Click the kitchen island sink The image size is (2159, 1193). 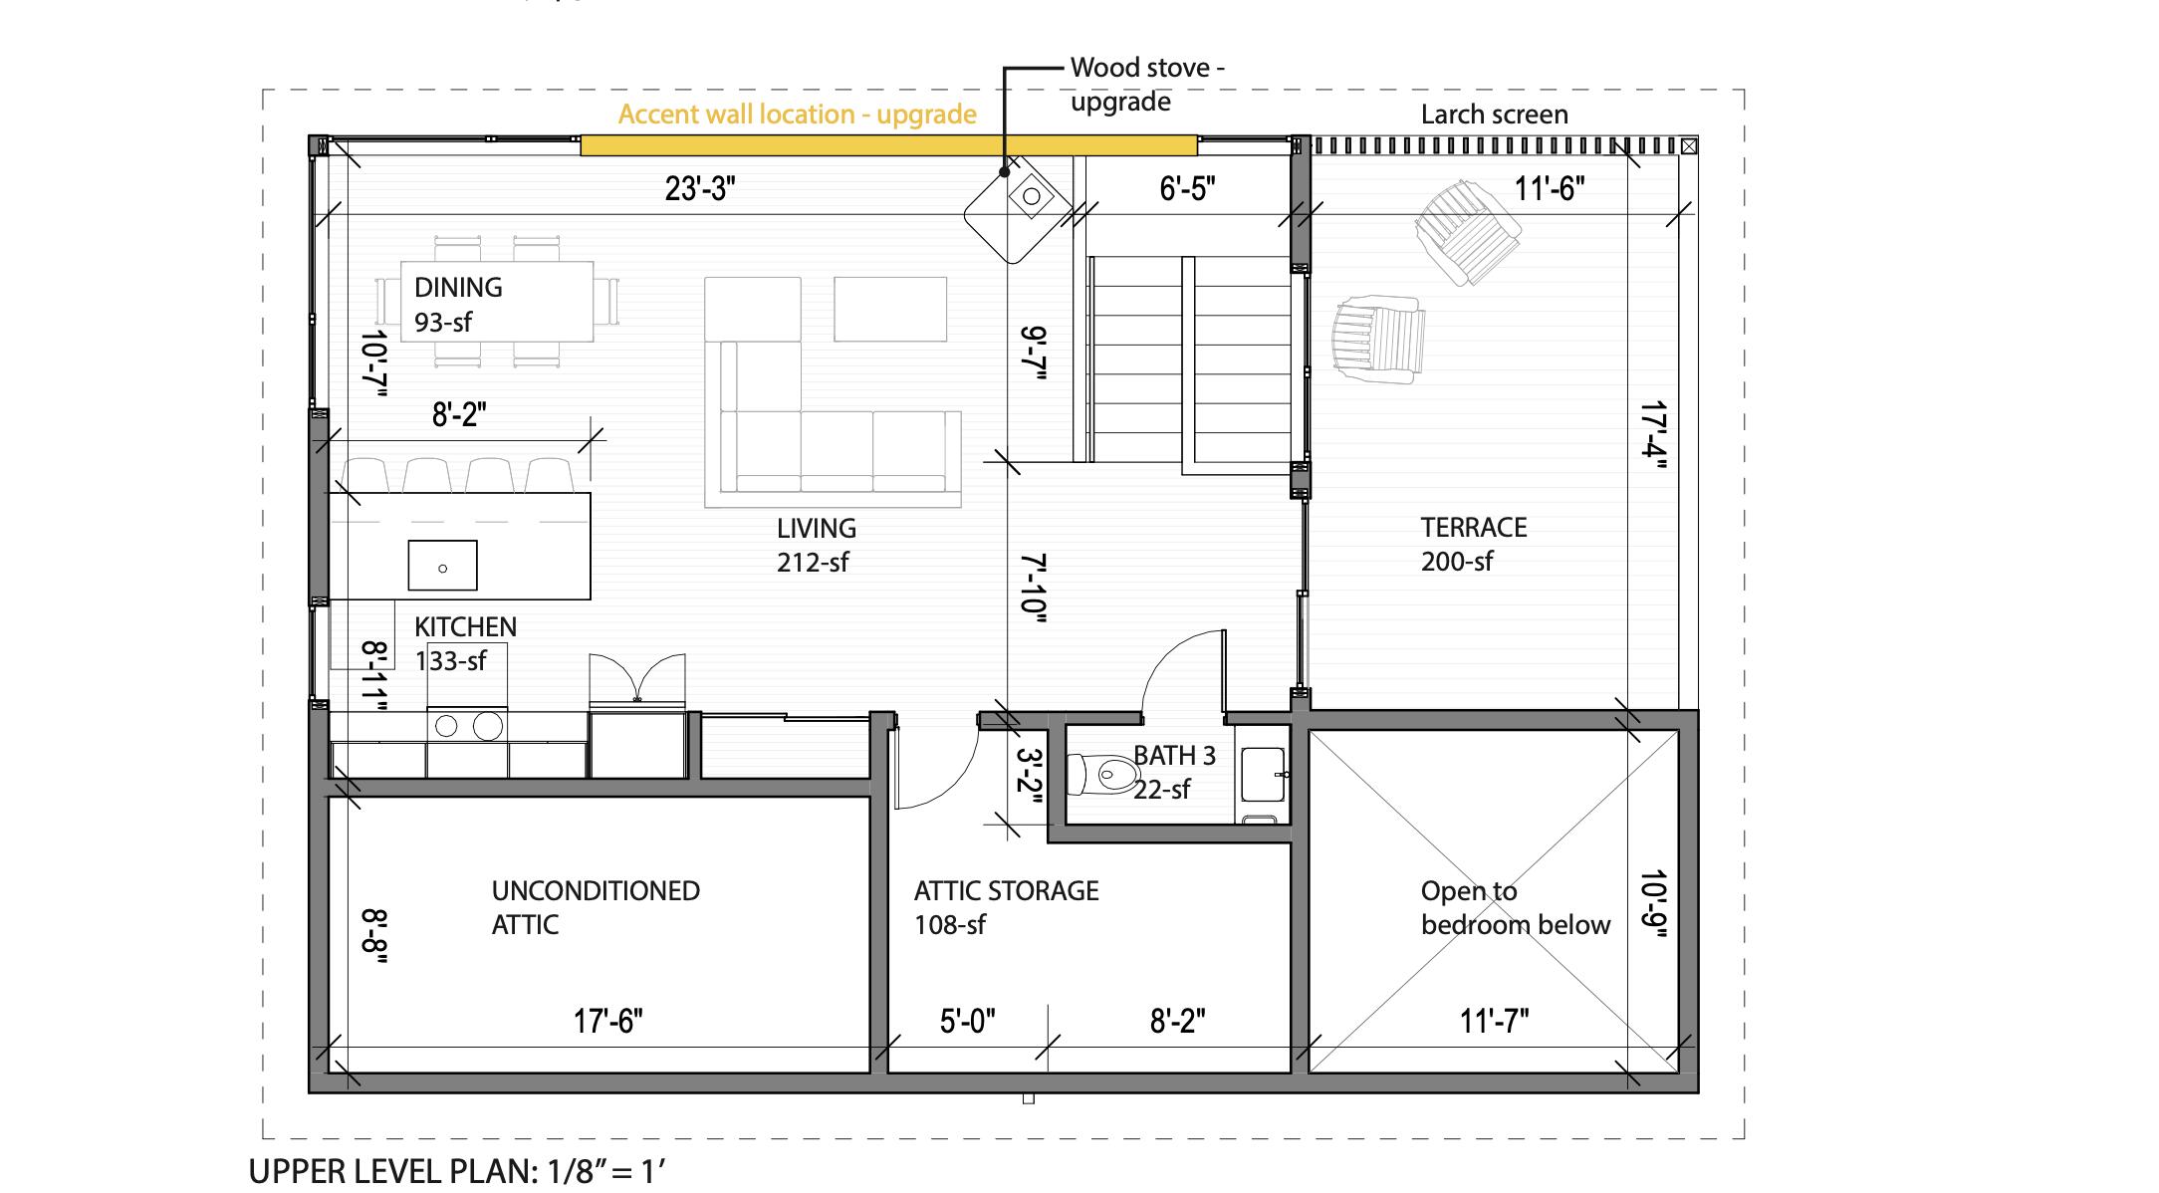tap(442, 566)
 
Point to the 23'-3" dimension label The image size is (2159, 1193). tap(700, 188)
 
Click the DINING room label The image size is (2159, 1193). tap(458, 288)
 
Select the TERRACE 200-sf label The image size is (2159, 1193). tap(1473, 544)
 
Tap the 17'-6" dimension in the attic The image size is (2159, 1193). tap(607, 1021)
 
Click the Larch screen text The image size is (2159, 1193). tap(1494, 115)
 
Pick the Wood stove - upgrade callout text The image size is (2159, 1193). tap(1145, 85)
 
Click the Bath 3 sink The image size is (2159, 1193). tap(1264, 775)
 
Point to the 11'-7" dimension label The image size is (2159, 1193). tap(1494, 1021)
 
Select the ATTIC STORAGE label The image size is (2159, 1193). tap(1006, 891)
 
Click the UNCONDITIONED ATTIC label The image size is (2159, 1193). tap(595, 907)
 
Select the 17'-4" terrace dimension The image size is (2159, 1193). tap(1654, 435)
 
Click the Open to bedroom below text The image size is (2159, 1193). tap(1514, 908)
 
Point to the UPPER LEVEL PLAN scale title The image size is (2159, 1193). tap(456, 1171)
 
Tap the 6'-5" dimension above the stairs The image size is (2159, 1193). tap(1187, 188)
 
